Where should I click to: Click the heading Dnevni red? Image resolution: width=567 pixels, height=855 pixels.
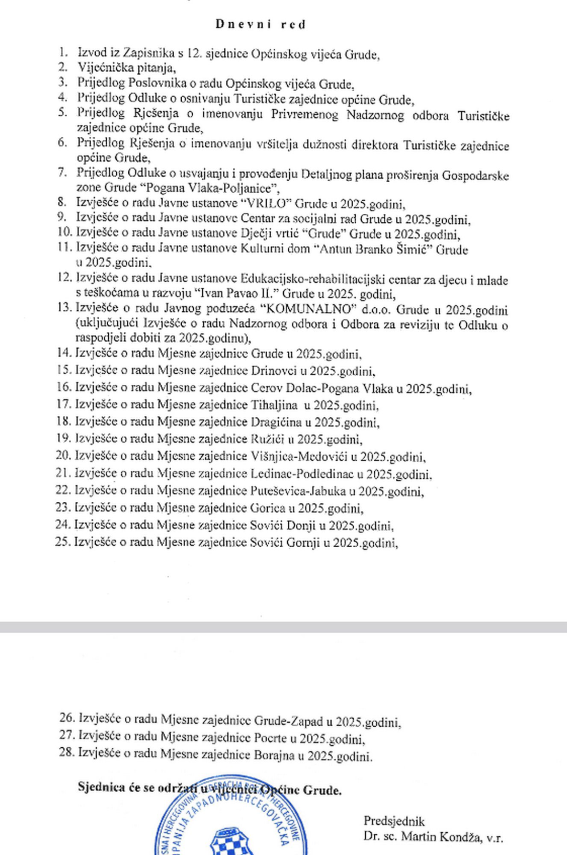coord(261,24)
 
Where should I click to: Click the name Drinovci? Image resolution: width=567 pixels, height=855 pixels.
coord(279,370)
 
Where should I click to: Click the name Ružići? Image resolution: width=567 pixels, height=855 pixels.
coord(266,439)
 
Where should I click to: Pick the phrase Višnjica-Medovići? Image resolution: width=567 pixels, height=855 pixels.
coord(299,456)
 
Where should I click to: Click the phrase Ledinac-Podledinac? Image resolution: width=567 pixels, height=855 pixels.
coord(302,473)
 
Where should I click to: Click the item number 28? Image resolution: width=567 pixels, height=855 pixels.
coord(67,752)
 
